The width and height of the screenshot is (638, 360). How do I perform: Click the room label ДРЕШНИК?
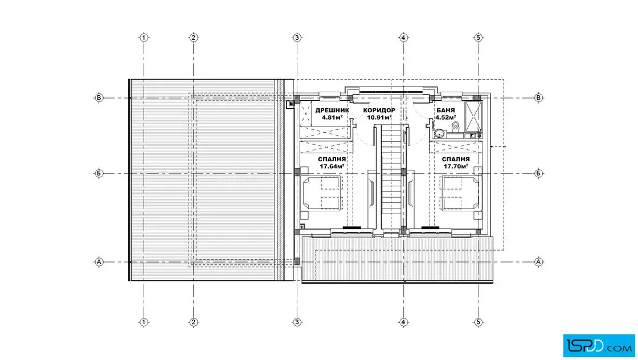coord(332,111)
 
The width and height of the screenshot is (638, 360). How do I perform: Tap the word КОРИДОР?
coord(379,111)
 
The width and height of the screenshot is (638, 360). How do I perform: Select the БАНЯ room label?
coord(445,111)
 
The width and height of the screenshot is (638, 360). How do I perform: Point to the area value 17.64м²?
coord(333,166)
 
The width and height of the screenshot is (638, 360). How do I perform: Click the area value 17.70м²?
coord(456,166)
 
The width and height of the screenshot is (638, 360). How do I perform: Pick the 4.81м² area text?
coord(332,117)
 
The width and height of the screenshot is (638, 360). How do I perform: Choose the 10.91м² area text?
coord(379,117)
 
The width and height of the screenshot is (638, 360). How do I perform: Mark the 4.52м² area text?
coord(445,117)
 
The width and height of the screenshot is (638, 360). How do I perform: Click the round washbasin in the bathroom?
coord(439,133)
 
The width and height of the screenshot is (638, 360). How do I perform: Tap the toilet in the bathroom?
coord(455,126)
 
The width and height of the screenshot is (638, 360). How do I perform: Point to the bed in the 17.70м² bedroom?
coord(462,193)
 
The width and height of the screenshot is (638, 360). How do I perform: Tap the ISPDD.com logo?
coord(599,346)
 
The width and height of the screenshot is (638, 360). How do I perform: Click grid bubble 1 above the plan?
coord(144,38)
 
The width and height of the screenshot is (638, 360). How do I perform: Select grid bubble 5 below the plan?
coord(478,322)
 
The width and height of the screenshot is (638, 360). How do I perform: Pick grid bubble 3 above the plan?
coord(297,38)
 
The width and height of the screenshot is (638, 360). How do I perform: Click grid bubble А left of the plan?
coord(99,262)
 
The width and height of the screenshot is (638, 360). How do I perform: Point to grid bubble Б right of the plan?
coord(538,173)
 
